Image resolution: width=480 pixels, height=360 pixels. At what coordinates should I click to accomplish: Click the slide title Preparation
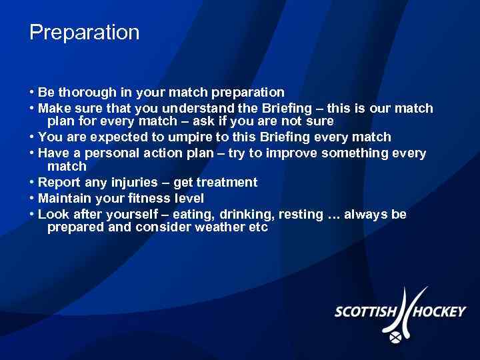[x=85, y=33]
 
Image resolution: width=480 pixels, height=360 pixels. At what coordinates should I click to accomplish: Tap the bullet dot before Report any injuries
[x=32, y=183]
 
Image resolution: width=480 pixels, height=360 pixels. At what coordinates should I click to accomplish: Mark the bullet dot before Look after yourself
[x=32, y=215]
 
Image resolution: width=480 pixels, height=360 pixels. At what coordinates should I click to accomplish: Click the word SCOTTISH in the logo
[x=365, y=311]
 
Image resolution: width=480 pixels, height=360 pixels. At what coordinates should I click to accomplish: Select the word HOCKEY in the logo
[x=437, y=311]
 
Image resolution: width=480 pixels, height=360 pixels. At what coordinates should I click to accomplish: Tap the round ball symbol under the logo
[x=397, y=337]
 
